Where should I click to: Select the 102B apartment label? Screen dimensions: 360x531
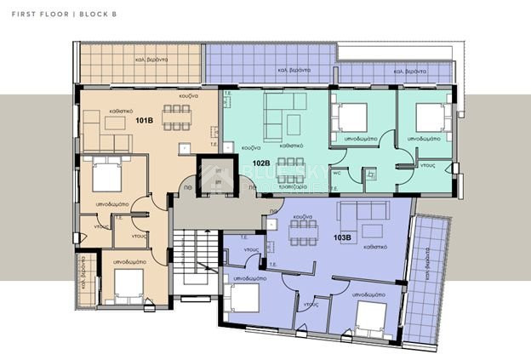(x=260, y=163)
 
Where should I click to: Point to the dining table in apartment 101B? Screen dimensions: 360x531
(x=177, y=117)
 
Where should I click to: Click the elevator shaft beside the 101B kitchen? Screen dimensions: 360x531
(x=216, y=177)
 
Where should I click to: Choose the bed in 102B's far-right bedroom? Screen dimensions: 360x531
(x=431, y=116)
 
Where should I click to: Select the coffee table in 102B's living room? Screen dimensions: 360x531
(x=294, y=124)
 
